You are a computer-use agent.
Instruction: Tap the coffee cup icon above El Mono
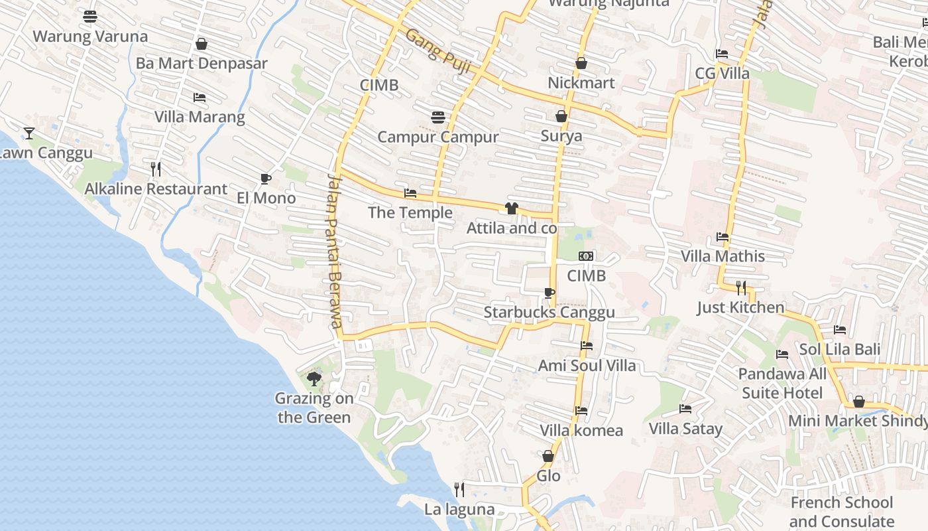point(265,179)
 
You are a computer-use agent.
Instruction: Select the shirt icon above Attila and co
point(511,208)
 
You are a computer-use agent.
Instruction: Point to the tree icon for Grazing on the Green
point(314,379)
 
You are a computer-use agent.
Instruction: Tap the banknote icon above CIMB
point(586,256)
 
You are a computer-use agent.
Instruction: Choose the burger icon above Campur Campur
point(437,117)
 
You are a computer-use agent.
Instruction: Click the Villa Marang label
point(200,117)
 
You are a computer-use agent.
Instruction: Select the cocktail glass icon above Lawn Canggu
point(29,133)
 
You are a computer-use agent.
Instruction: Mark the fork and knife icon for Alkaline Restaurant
point(156,169)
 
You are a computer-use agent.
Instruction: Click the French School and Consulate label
point(842,512)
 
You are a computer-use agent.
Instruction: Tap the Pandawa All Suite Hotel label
point(782,384)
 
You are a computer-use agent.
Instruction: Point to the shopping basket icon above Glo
point(548,456)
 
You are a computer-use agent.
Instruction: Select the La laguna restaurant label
point(459,509)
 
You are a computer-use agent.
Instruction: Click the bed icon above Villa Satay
point(685,409)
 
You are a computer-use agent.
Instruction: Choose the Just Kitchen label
point(740,307)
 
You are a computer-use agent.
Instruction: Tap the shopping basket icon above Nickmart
point(581,63)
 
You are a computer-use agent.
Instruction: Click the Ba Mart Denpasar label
point(202,63)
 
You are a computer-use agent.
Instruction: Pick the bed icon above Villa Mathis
point(723,236)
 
